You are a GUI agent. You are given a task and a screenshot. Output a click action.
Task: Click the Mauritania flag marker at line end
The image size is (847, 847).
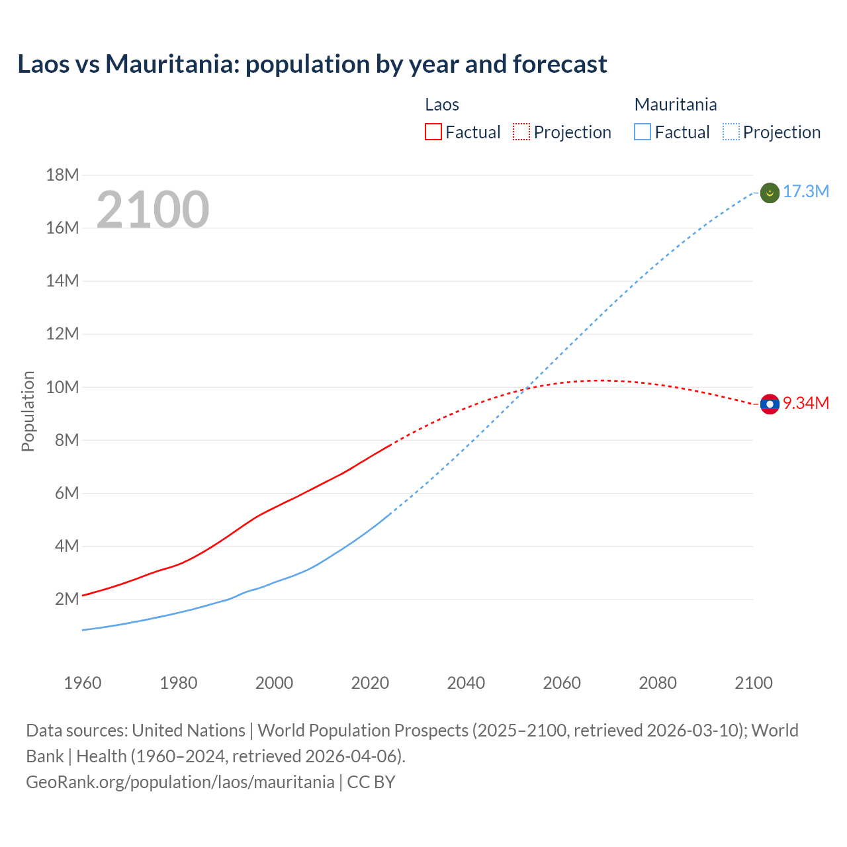[770, 193]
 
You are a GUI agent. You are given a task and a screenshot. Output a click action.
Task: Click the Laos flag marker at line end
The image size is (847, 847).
[770, 404]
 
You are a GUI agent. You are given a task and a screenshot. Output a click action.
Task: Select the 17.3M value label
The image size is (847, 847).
[805, 192]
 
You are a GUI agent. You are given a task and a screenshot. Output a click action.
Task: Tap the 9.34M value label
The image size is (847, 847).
[805, 403]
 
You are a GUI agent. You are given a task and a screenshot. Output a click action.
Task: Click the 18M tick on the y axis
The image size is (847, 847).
[62, 175]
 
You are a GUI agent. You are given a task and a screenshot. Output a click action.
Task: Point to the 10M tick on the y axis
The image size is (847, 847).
[62, 387]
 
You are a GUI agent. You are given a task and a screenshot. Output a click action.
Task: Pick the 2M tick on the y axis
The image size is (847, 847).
[67, 599]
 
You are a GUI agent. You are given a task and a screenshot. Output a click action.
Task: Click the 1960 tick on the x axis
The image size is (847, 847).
[83, 683]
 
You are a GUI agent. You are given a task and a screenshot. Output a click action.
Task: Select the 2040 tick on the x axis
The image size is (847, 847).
[466, 683]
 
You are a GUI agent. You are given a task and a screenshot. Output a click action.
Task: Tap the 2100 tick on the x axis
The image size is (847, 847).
[753, 683]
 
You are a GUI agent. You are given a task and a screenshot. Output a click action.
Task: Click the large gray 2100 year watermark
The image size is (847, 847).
[153, 210]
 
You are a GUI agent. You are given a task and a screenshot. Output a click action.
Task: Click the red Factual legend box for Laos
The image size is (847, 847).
[433, 132]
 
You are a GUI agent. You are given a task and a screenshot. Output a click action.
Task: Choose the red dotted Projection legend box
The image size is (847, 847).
[521, 132]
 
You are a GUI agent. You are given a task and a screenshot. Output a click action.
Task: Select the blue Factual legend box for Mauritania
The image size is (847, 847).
[642, 132]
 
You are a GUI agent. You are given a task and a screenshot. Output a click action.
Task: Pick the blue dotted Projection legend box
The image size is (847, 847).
[731, 132]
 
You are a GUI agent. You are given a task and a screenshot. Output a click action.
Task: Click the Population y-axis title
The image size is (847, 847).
[28, 411]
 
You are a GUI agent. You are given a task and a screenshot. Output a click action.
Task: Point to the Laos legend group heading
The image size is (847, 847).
[442, 105]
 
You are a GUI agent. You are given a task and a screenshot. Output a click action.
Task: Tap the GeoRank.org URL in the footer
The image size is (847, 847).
[180, 781]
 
